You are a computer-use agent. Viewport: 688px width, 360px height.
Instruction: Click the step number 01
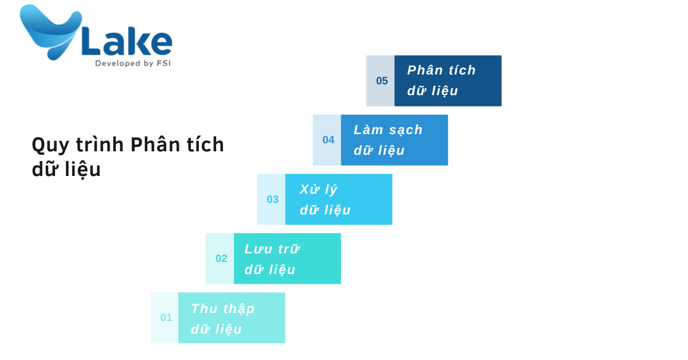point(166,318)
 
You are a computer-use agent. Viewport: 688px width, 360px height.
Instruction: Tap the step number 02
point(221,259)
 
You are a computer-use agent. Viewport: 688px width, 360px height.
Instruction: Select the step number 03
point(272,199)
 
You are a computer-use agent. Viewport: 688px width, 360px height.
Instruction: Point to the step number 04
point(329,140)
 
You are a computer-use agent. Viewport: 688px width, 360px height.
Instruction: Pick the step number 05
point(382,81)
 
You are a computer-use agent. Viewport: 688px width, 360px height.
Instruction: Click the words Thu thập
point(222,309)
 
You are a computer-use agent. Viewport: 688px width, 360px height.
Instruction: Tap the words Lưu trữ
point(272,249)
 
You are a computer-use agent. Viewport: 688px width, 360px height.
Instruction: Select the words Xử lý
point(319,190)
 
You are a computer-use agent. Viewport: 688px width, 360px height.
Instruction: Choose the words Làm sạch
point(388,130)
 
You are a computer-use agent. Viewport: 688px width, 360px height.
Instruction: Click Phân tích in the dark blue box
point(441,71)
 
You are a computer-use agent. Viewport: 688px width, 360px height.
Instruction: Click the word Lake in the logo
point(127,41)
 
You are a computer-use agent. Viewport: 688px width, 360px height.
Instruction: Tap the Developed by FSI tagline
point(132,63)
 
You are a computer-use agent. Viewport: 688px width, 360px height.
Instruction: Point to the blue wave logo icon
point(50,32)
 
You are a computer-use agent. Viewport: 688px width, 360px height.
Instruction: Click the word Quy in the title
point(50,146)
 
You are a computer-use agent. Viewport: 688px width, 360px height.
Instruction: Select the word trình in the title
point(100,144)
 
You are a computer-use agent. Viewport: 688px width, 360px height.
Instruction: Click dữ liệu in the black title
point(66,170)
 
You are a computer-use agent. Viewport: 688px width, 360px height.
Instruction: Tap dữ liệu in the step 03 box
point(325,210)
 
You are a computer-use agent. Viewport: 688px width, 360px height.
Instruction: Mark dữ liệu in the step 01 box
point(216,329)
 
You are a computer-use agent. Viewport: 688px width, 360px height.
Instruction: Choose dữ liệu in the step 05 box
point(432,91)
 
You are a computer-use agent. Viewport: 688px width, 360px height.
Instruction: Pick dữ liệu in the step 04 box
point(379,151)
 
